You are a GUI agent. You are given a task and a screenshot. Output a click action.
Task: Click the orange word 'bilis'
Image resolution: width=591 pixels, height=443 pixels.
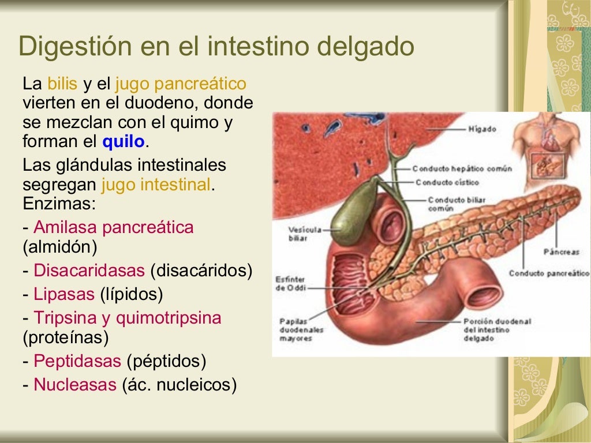[x=62, y=84]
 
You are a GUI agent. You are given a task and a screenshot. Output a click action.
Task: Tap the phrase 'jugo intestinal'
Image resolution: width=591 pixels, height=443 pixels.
[x=156, y=185]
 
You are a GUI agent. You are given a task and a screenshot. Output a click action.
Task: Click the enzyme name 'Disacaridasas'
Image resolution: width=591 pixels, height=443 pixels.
[x=89, y=271]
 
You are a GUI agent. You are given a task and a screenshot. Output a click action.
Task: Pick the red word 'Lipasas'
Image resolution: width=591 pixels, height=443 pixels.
[x=63, y=294]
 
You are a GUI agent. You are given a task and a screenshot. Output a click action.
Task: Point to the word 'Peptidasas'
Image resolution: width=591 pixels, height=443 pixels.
[x=77, y=362]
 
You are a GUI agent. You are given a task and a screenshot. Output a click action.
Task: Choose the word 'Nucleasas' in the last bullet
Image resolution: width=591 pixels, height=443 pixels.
[x=75, y=385]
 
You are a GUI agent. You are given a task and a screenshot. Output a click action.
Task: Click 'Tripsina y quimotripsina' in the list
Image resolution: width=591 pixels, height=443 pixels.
[x=128, y=318]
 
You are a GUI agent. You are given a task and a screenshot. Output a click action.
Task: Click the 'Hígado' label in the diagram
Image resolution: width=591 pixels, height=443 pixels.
[x=482, y=129]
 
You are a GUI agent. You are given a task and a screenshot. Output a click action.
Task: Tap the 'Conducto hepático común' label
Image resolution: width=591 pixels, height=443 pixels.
[x=462, y=169]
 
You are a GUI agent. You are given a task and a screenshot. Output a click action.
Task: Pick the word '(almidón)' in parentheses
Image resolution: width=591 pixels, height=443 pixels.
[x=60, y=247]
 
